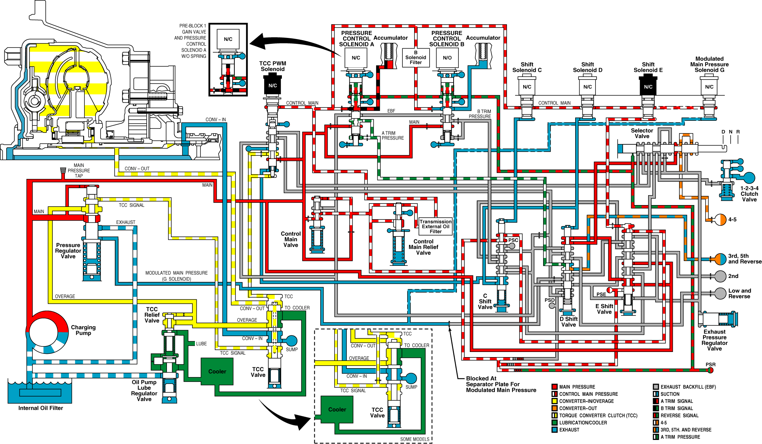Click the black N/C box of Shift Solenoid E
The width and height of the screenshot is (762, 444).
648,87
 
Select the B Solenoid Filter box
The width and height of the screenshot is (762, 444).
416,57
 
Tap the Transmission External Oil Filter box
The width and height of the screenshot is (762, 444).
436,226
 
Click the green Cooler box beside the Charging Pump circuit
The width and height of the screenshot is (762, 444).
217,371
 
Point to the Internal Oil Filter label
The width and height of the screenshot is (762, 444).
41,408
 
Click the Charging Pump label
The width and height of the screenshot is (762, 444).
83,330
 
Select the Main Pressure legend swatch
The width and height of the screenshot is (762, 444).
554,387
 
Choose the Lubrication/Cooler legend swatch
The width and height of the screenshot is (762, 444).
554,423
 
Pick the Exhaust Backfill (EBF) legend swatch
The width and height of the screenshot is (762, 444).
656,387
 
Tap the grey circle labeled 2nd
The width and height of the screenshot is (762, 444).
720,276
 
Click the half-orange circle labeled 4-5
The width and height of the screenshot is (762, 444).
720,220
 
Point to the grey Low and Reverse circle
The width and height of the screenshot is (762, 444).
720,293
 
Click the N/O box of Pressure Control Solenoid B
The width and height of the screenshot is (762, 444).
447,58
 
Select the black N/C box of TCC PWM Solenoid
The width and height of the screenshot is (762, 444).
273,85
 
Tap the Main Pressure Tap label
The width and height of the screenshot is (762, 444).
78,170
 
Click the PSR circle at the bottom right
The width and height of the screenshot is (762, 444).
710,370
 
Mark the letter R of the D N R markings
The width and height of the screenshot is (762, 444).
738,132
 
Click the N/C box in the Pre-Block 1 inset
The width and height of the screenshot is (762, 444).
228,39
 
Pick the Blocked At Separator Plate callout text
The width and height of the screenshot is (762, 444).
501,384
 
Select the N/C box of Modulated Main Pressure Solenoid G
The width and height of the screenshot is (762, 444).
709,87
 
